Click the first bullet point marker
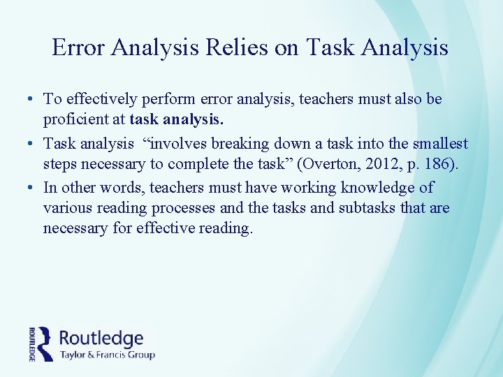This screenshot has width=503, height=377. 33,101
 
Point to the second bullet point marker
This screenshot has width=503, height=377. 33,145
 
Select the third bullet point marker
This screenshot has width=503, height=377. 33,188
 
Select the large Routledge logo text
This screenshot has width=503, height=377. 102,339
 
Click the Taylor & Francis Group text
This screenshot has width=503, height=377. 107,355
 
